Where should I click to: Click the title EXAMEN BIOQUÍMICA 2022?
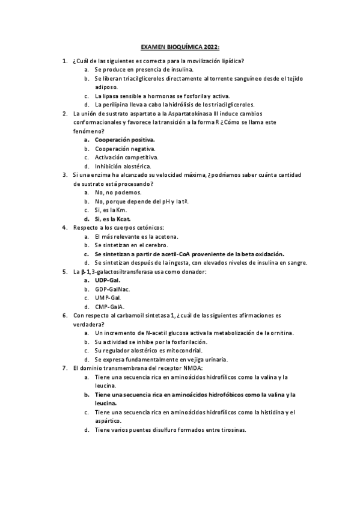coord(180,46)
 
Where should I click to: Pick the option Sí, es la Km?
coord(111,210)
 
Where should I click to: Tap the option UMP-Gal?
coord(108,298)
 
